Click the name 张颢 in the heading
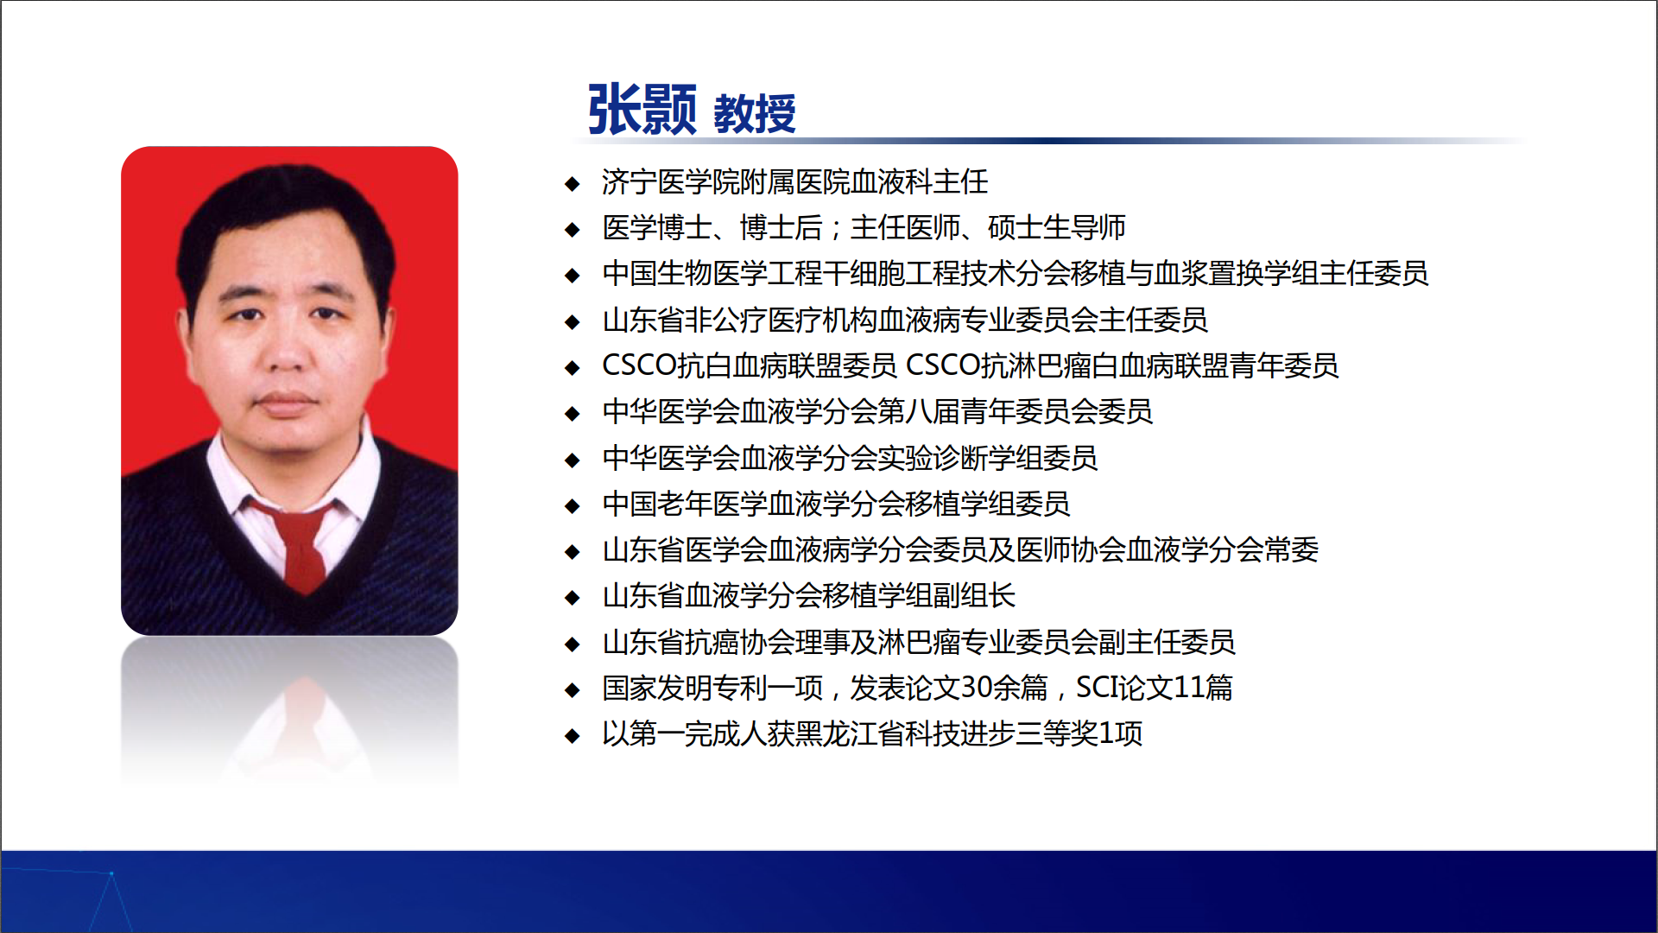[x=642, y=110]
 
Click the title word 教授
[x=755, y=114]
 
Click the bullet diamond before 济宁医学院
[x=572, y=183]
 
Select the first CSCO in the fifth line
[x=639, y=365]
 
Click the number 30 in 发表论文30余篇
[x=977, y=688]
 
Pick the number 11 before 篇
[x=1189, y=688]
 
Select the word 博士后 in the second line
[x=781, y=227]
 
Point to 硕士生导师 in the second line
[x=1057, y=227]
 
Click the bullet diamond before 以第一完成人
[x=572, y=735]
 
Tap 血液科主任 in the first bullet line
[x=920, y=181]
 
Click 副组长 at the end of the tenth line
[x=974, y=595]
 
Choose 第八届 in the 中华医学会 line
[x=919, y=411]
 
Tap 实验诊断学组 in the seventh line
[x=960, y=457]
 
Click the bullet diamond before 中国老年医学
[x=572, y=505]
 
